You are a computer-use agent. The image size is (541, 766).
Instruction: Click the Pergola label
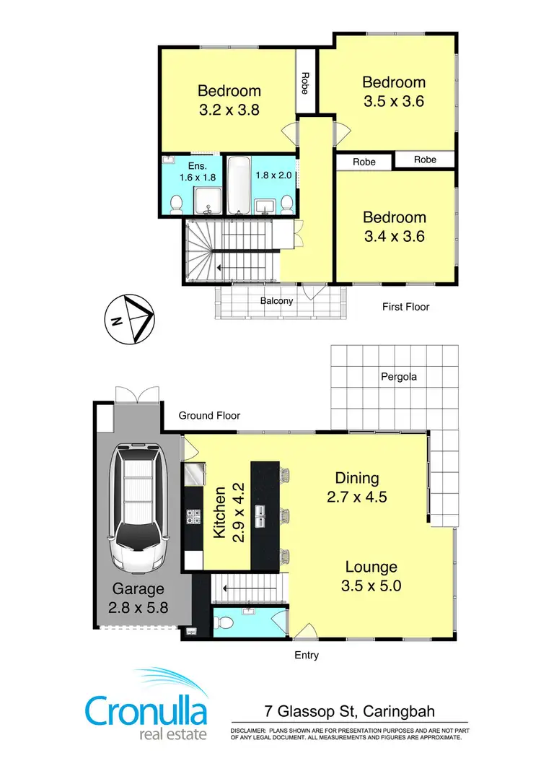click(x=400, y=377)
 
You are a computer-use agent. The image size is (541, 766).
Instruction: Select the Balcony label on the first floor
click(x=277, y=300)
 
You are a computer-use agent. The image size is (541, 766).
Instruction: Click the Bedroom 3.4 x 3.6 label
click(x=394, y=226)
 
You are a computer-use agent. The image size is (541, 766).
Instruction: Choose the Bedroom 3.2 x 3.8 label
click(x=229, y=100)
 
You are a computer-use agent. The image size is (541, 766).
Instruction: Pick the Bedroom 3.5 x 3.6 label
click(x=393, y=92)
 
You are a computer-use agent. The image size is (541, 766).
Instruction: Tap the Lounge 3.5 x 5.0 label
click(x=371, y=576)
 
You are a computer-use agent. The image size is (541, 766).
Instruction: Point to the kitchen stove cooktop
click(x=194, y=516)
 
